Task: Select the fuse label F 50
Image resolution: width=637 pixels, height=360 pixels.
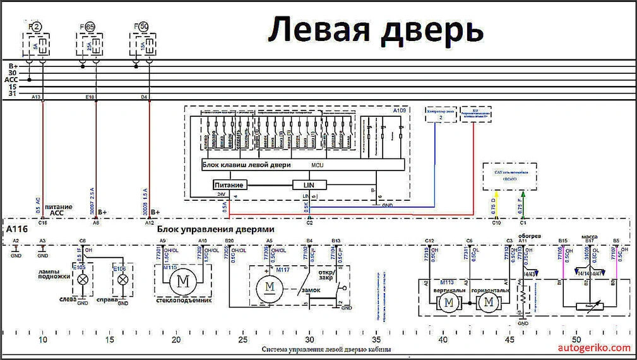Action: point(141,27)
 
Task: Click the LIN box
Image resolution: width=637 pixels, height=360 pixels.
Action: point(309,184)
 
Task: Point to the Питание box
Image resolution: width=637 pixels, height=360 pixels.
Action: point(229,184)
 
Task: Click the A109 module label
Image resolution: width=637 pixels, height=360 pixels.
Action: point(400,111)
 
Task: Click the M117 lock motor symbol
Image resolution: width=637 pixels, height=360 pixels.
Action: point(269,288)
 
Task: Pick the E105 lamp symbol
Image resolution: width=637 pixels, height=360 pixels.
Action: point(81,279)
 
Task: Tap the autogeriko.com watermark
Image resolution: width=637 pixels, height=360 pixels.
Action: point(595,347)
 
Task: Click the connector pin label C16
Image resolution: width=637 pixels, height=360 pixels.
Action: point(42,222)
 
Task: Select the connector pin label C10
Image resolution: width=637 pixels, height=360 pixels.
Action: point(496,222)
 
